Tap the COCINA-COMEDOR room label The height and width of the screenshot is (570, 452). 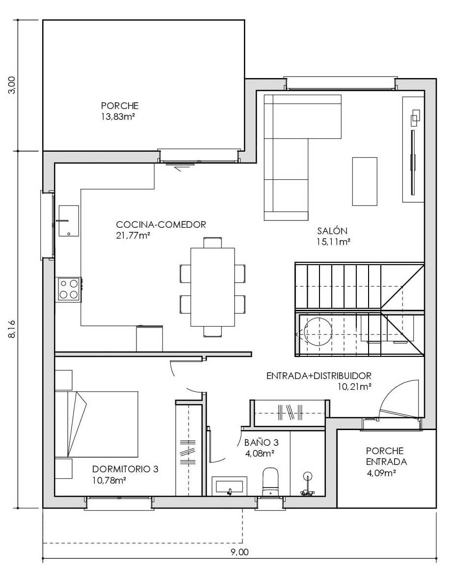[161, 225]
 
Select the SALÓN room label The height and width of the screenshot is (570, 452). [332, 230]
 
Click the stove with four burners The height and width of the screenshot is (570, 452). [69, 289]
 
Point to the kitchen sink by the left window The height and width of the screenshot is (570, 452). [68, 221]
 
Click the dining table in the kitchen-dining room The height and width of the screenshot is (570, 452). [213, 287]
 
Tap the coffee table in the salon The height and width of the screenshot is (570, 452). [365, 181]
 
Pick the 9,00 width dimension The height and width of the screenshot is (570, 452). [239, 552]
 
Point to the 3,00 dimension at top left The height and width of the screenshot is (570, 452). [12, 85]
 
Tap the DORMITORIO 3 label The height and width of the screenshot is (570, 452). [125, 469]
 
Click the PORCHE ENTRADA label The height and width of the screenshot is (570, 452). [386, 456]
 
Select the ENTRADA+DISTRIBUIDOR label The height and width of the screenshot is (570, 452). [319, 376]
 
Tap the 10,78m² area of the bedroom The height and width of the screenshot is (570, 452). [109, 480]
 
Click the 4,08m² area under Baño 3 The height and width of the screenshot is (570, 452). [259, 453]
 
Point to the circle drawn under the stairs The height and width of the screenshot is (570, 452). [318, 331]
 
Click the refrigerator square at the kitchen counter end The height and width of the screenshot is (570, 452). [149, 338]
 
